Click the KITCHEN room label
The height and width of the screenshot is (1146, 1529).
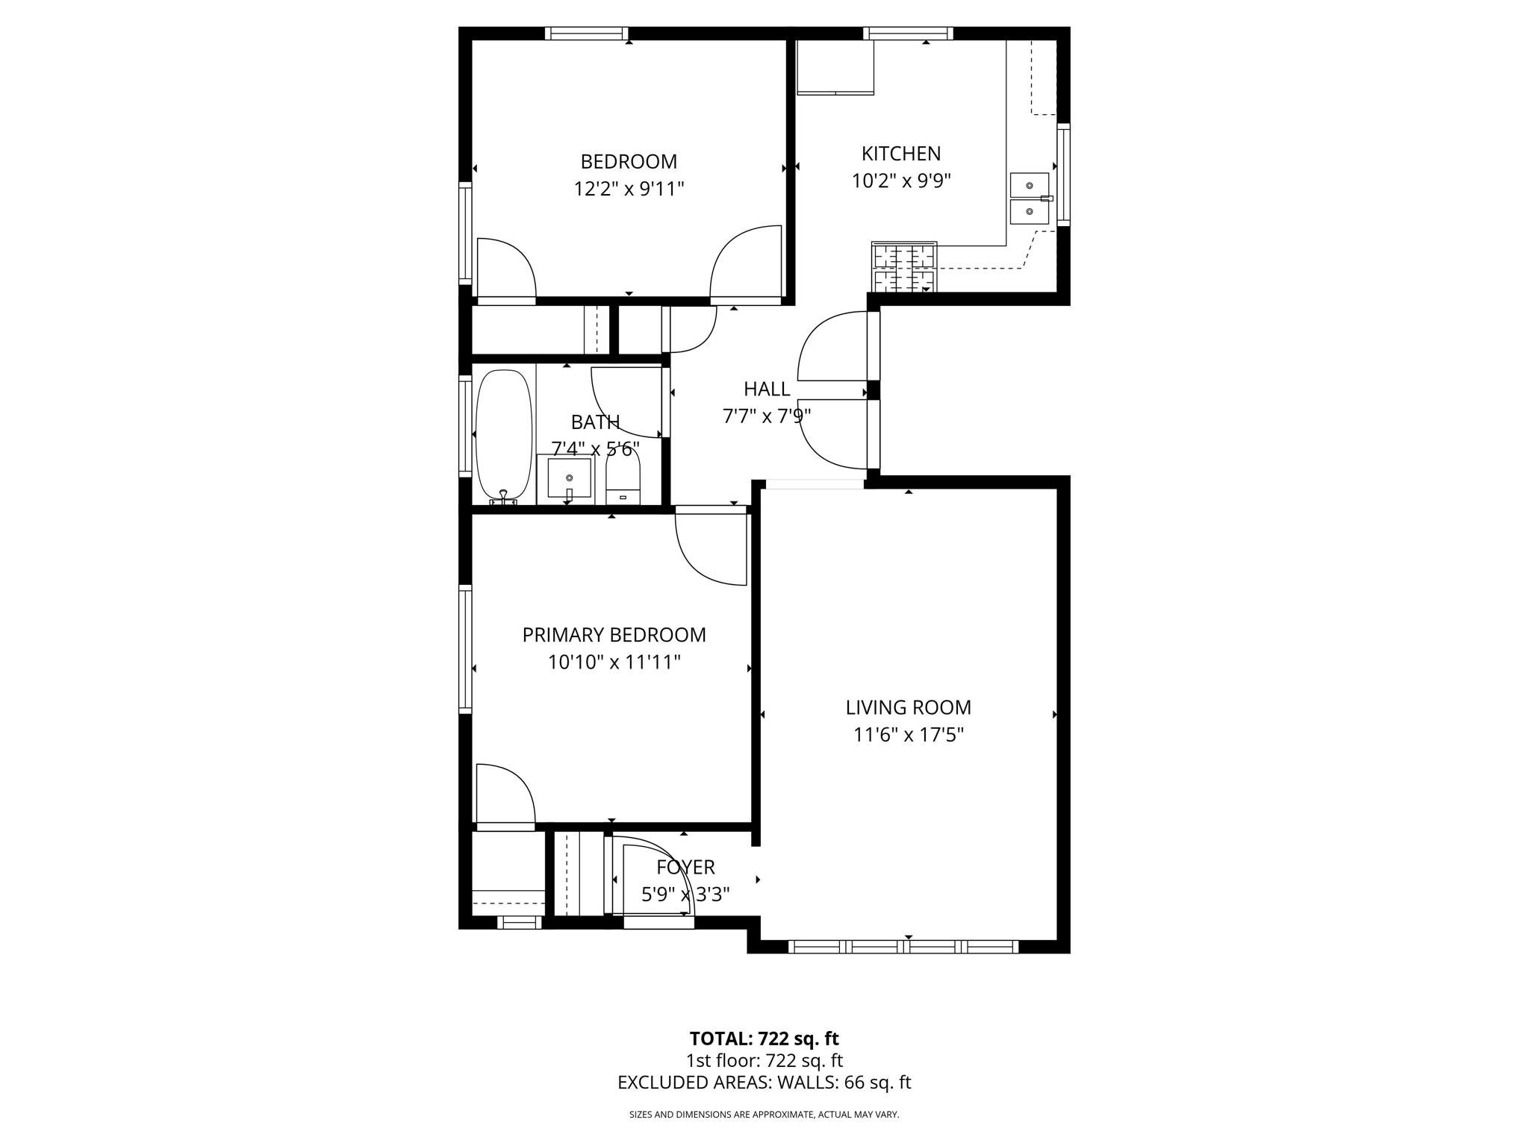tap(900, 154)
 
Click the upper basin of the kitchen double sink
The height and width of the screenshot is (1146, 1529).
tap(1029, 184)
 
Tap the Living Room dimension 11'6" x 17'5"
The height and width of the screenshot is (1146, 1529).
tap(908, 735)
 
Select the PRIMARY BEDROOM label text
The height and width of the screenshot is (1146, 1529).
tap(614, 635)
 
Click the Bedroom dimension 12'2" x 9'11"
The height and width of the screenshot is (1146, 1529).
tap(629, 189)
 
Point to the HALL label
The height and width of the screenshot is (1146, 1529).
tap(766, 389)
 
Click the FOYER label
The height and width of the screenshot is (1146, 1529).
tap(685, 867)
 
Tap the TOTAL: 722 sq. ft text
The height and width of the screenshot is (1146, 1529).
tap(764, 1039)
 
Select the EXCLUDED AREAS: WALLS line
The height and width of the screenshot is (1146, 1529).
tap(764, 1083)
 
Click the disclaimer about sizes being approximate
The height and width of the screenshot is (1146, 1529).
tap(764, 1115)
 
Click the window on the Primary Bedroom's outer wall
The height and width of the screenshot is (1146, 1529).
tap(465, 649)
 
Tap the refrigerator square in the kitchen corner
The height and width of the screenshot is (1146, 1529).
tap(835, 66)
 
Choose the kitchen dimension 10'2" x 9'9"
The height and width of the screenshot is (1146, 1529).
tap(900, 181)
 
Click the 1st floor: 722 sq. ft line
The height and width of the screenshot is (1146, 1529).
tap(764, 1060)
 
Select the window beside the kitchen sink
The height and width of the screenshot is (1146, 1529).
tap(1063, 175)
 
